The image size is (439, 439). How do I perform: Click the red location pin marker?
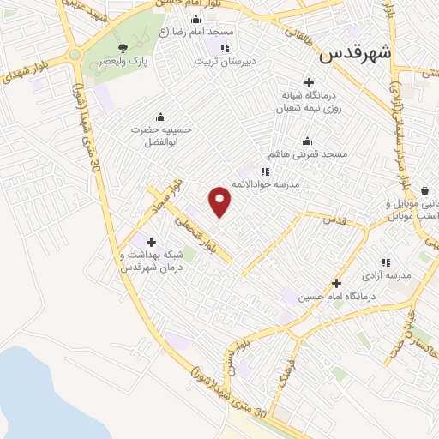click(x=220, y=201)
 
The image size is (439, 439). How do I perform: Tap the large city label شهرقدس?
click(x=355, y=53)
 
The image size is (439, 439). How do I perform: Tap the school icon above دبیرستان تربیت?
click(x=225, y=48)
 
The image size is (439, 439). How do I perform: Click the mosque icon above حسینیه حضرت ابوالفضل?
click(x=159, y=117)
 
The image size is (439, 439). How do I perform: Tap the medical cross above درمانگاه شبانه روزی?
click(x=309, y=81)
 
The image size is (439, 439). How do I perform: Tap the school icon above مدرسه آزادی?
click(x=386, y=262)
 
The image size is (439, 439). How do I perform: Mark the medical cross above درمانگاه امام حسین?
click(x=336, y=283)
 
